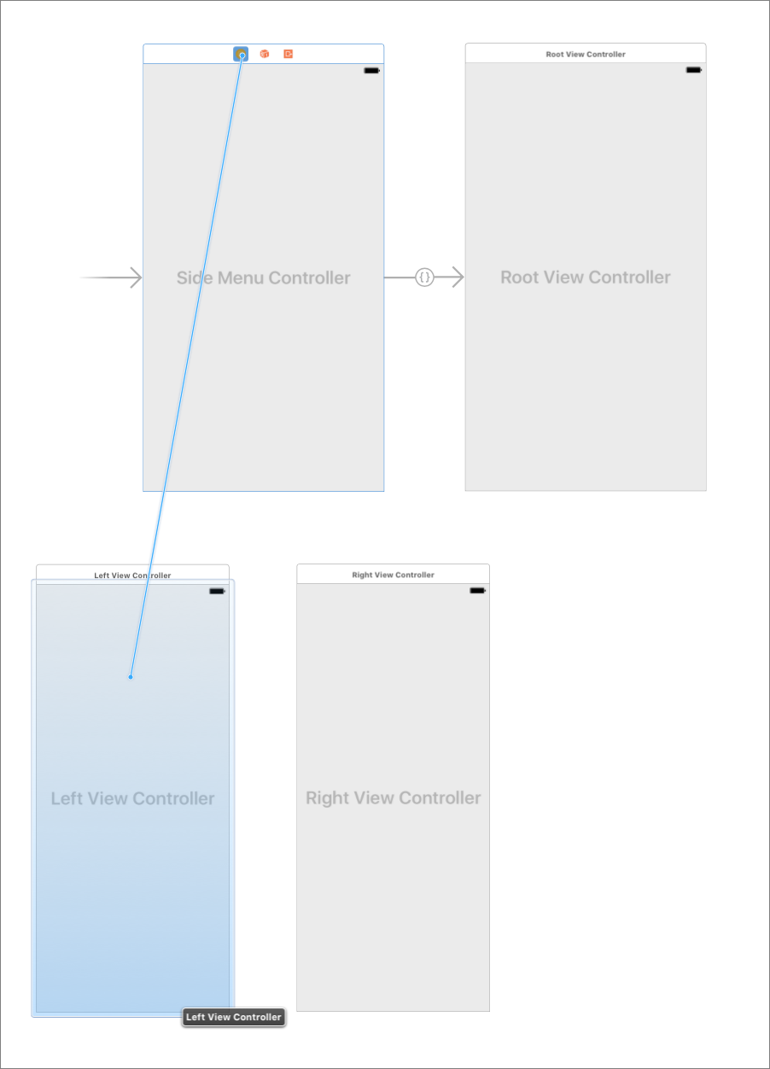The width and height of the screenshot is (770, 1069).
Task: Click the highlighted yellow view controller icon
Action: [x=242, y=54]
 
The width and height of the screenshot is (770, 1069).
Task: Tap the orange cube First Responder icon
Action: [x=265, y=54]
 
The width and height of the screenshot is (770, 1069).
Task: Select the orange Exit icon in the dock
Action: [x=289, y=54]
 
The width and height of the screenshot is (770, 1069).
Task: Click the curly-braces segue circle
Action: [x=424, y=277]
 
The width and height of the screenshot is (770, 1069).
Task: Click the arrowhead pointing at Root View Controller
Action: [x=458, y=277]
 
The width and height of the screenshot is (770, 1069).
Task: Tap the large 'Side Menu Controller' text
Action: [x=263, y=277]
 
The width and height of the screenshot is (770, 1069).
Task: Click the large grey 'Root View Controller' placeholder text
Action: [x=586, y=277]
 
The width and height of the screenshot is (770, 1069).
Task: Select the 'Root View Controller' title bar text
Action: [x=586, y=54]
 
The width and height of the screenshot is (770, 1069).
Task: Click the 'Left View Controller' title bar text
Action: [x=132, y=575]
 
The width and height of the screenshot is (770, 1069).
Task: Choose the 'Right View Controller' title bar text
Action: [x=393, y=575]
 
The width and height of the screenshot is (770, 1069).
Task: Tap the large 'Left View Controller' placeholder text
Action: [x=132, y=798]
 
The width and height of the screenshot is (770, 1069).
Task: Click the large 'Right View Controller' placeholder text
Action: [x=393, y=797]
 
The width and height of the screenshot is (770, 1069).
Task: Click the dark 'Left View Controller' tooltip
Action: [x=233, y=1017]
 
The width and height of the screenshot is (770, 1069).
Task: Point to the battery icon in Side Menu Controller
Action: [x=371, y=70]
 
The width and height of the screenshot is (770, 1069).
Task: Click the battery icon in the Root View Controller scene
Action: [x=694, y=69]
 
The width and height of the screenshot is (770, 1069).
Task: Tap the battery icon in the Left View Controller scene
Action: [x=217, y=591]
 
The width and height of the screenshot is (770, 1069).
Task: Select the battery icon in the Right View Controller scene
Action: [x=477, y=590]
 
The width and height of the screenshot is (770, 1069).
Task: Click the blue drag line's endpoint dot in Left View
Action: [x=131, y=677]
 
